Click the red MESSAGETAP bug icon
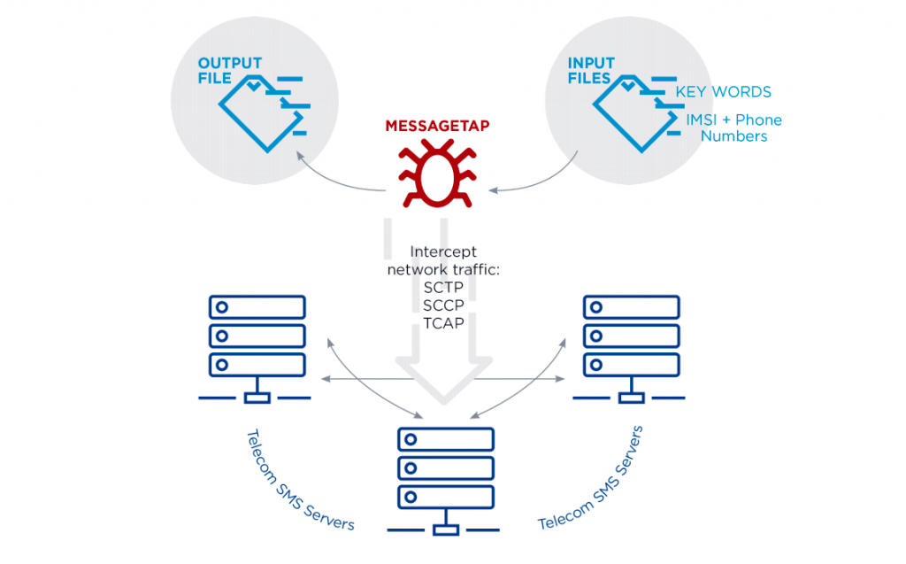436,173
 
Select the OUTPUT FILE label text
229,71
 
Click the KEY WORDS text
723,92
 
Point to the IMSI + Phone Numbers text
733,127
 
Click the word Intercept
443,251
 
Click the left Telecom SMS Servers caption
300,480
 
